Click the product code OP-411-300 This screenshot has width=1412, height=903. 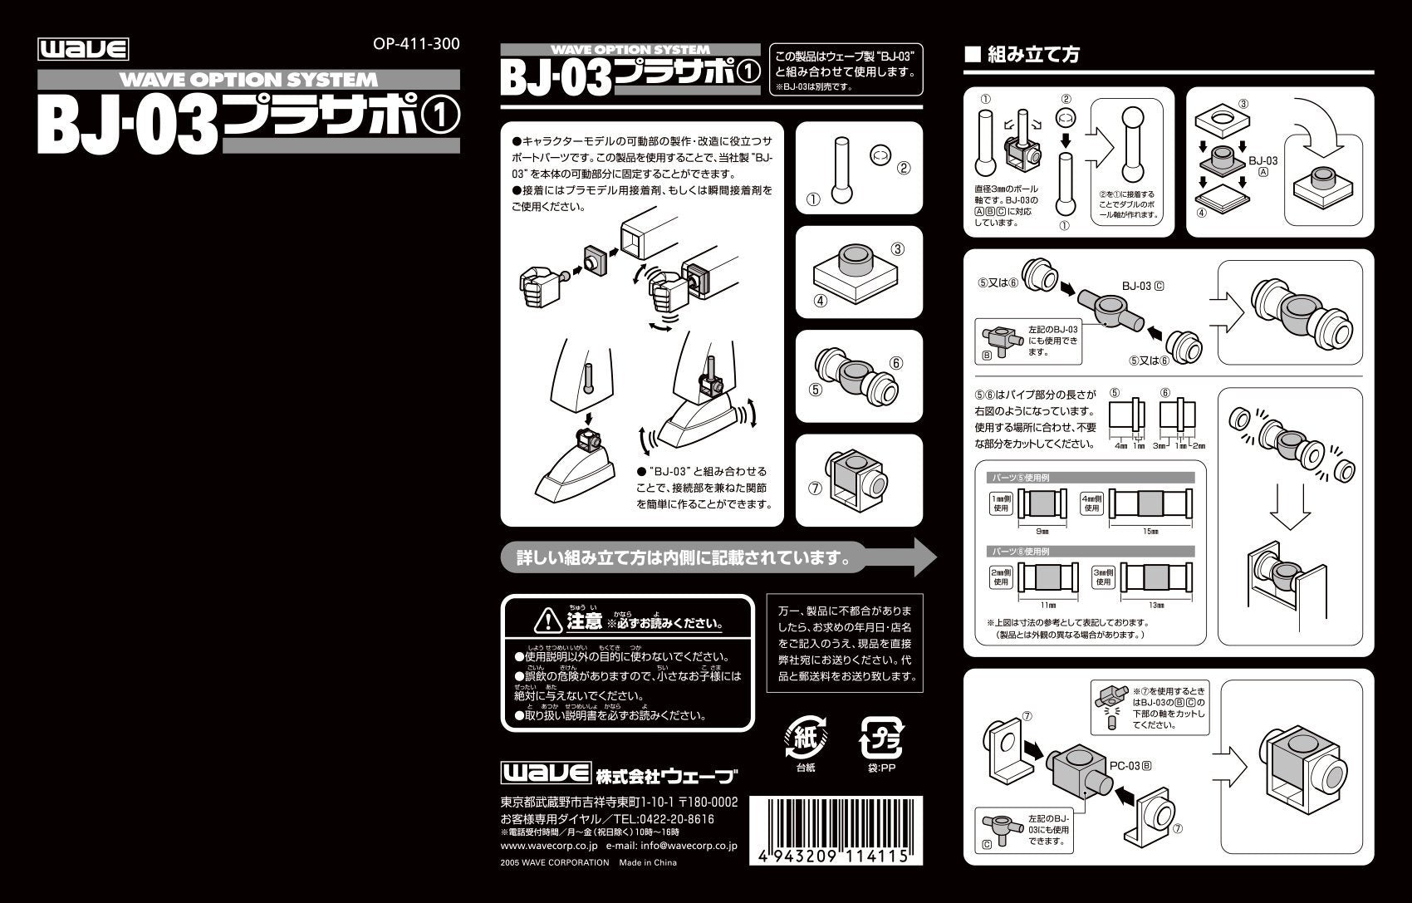417,43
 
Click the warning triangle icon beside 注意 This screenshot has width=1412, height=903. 548,619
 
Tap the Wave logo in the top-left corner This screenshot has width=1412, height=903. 83,49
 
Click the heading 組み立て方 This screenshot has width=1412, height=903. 1033,56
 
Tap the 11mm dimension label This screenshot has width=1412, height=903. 1047,605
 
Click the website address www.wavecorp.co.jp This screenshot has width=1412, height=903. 549,846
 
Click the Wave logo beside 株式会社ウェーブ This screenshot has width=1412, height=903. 545,773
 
